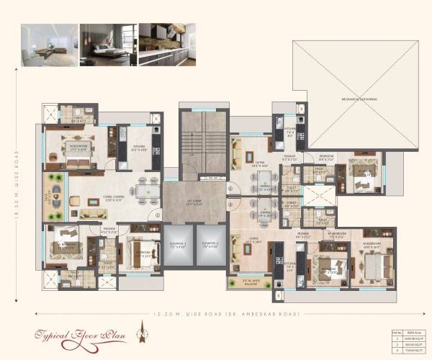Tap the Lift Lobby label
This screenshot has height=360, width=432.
coord(194,204)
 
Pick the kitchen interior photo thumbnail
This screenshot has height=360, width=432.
coord(168,45)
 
